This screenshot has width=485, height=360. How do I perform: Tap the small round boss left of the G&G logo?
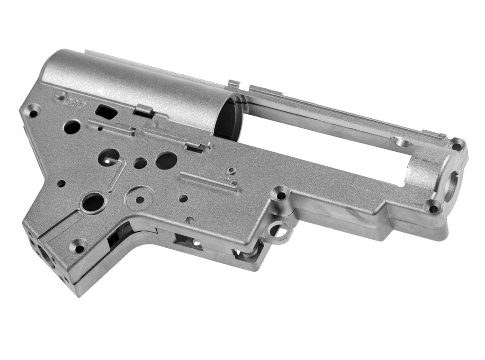click(x=59, y=95)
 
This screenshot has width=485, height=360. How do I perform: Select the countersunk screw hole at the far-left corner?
click(x=33, y=113)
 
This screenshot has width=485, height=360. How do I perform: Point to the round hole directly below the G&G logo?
click(x=72, y=126)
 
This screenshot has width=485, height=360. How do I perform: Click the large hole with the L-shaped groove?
click(x=108, y=157)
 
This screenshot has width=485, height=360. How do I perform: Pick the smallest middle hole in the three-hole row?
click(x=140, y=163)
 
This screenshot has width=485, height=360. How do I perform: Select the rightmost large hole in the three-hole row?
click(x=166, y=161)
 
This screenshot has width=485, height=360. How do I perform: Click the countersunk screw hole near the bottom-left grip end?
click(x=79, y=247)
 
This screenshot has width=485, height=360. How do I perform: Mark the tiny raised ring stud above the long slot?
click(x=231, y=171)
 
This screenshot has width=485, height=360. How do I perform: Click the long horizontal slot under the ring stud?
click(x=208, y=181)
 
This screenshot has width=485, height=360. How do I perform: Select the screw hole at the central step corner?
click(x=281, y=195)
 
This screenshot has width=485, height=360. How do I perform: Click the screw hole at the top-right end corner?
click(x=457, y=145)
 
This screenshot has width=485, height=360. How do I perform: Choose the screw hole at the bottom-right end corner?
click(x=432, y=207)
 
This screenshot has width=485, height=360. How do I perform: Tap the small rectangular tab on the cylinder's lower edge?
click(x=143, y=111)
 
